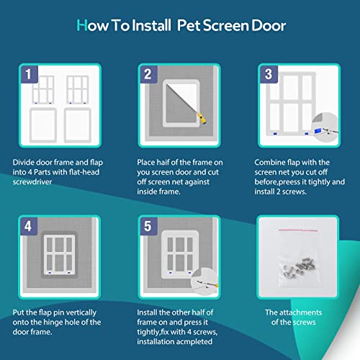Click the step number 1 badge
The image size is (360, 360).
click(x=30, y=74)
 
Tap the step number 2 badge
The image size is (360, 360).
click(x=149, y=74)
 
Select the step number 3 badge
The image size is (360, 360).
click(x=269, y=74)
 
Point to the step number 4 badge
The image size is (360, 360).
click(x=29, y=226)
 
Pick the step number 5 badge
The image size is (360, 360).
click(x=149, y=226)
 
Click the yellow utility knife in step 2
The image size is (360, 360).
click(x=202, y=118)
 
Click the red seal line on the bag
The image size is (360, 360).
click(x=298, y=230)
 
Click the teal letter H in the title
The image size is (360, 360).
click(x=82, y=25)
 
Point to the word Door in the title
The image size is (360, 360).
click(x=269, y=26)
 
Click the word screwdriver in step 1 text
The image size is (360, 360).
click(x=32, y=182)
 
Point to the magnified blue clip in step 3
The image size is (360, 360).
click(x=318, y=131)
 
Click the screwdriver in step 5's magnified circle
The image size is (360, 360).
click(x=207, y=284)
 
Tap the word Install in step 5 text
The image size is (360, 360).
click(x=147, y=312)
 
